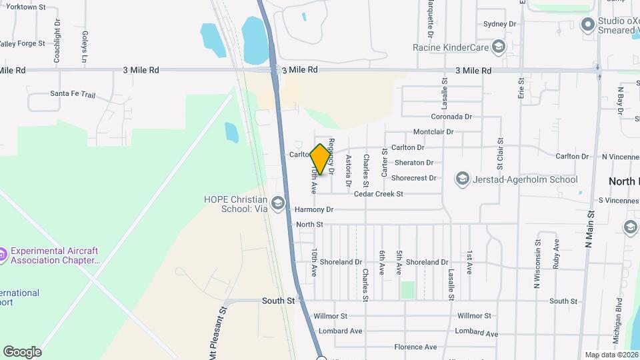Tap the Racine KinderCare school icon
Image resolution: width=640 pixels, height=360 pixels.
497,47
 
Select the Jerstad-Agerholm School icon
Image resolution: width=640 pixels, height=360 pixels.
462,179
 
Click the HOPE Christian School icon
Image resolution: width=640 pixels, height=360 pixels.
278,203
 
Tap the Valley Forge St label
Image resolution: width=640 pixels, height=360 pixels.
22,43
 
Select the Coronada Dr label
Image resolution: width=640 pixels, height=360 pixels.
451,117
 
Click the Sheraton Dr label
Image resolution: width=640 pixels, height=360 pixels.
413,163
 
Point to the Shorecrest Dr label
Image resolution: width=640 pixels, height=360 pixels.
413,178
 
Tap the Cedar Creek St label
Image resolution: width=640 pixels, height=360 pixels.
379,194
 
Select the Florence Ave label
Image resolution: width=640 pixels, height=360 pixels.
415,347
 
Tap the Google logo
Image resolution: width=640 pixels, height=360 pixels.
22,351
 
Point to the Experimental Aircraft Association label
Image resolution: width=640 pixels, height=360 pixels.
55,255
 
